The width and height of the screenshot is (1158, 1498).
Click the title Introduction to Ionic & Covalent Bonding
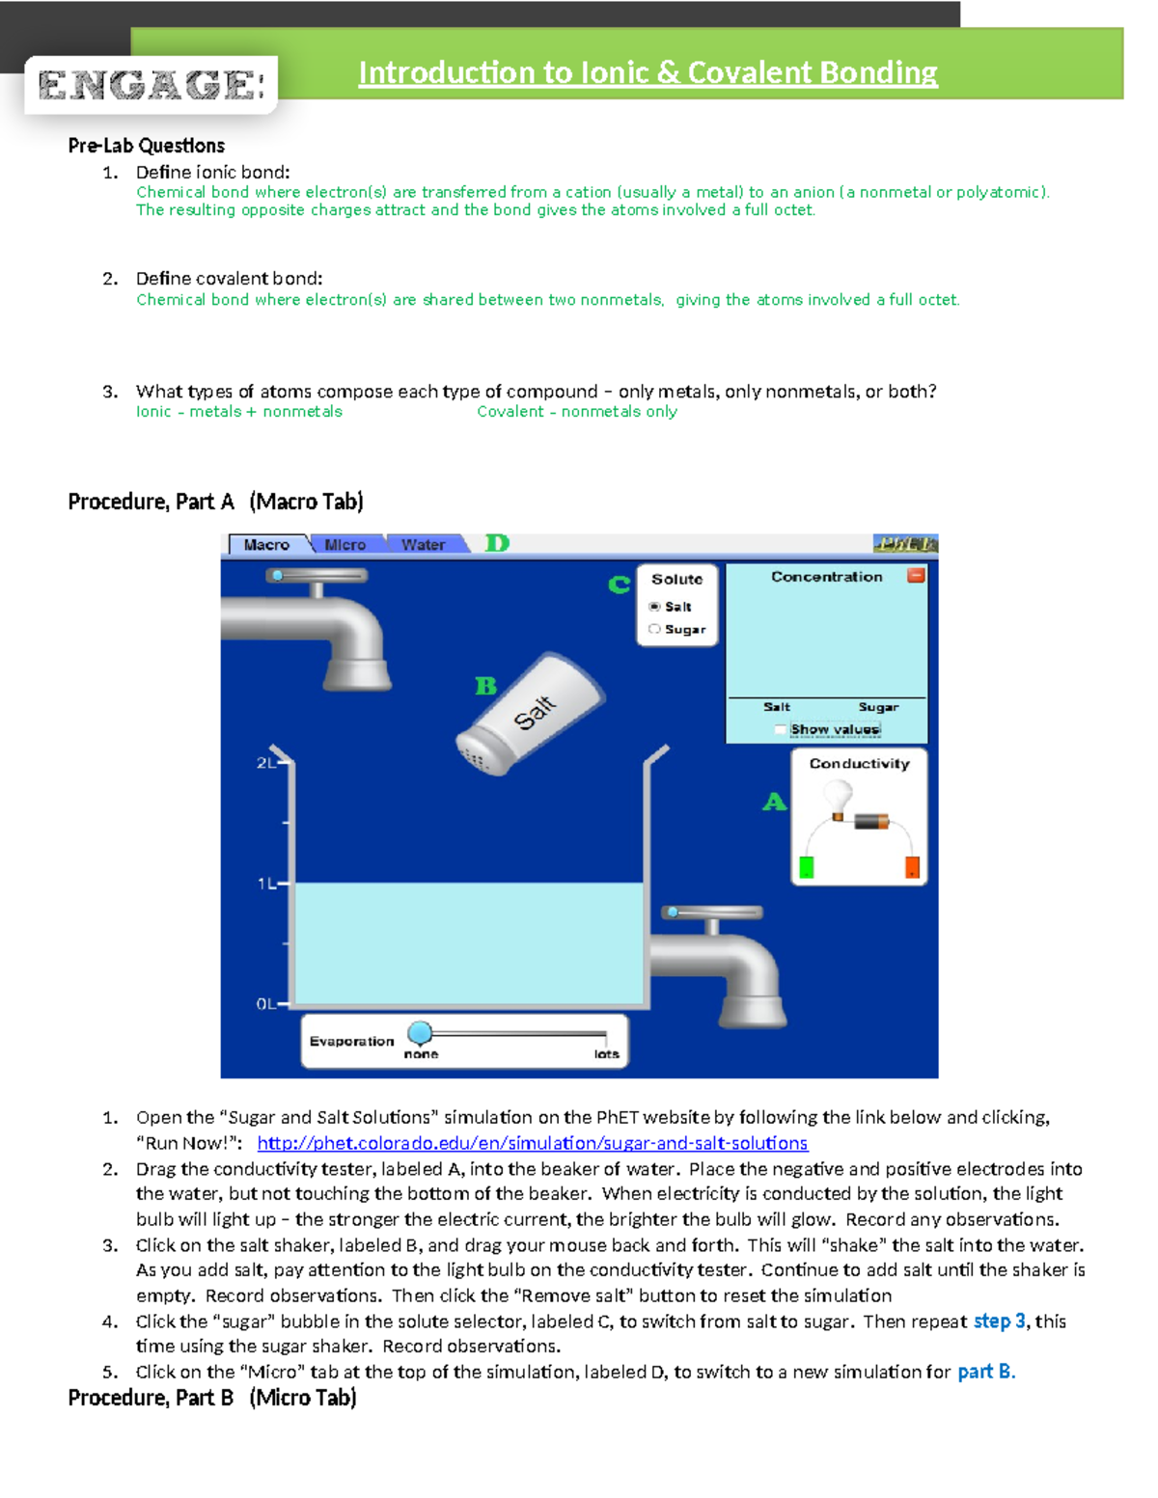pyautogui.click(x=648, y=72)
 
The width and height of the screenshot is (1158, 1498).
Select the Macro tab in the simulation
pyautogui.click(x=266, y=545)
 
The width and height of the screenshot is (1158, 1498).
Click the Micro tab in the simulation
pyautogui.click(x=345, y=545)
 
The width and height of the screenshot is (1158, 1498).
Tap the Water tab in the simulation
pyautogui.click(x=423, y=545)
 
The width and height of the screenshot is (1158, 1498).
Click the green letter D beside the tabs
pyautogui.click(x=497, y=543)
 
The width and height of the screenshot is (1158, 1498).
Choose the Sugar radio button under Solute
pyautogui.click(x=655, y=629)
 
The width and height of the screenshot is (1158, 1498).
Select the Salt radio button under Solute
pyautogui.click(x=655, y=607)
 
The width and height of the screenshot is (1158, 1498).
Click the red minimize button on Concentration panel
pyautogui.click(x=916, y=576)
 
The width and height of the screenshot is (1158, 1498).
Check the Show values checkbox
pyautogui.click(x=781, y=730)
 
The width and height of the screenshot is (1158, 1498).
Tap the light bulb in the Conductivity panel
pyautogui.click(x=838, y=798)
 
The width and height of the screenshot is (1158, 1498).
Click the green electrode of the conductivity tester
pyautogui.click(x=807, y=867)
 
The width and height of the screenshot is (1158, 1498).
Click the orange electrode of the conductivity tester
pyautogui.click(x=912, y=867)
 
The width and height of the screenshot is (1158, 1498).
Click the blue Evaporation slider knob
pyautogui.click(x=420, y=1033)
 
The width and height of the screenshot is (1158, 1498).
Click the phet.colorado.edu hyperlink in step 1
pyautogui.click(x=532, y=1143)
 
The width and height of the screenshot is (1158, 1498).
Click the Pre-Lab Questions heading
pyautogui.click(x=146, y=146)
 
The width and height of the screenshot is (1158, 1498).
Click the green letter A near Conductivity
pyautogui.click(x=775, y=802)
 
